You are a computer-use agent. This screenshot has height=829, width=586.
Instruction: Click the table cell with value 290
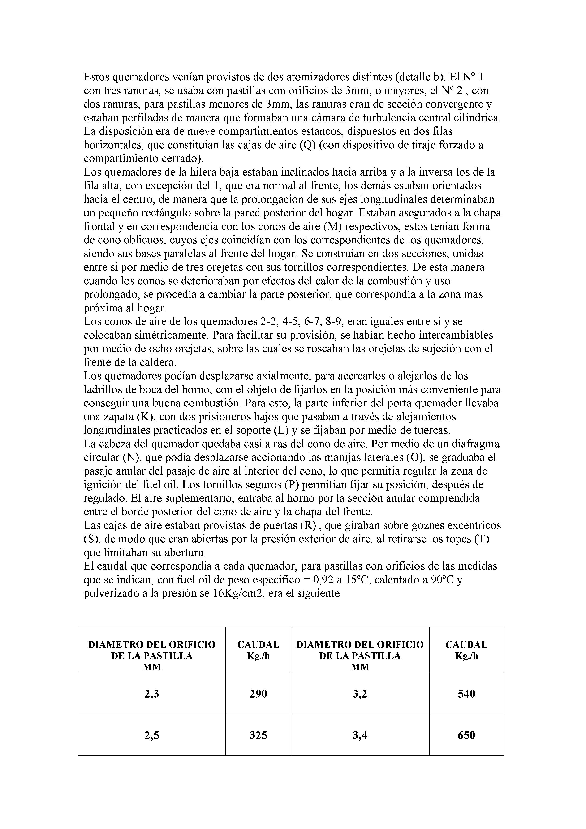coord(258,694)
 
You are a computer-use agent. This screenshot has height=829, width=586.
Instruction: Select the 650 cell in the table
coord(466,735)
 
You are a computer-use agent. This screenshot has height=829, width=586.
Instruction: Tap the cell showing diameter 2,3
coord(152,694)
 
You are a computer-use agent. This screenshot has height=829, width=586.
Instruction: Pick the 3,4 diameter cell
coord(360,735)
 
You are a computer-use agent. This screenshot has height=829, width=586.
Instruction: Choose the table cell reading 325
coord(258,735)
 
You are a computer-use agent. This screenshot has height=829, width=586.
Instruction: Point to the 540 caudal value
coord(466,694)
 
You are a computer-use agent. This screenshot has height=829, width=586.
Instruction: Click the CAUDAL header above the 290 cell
coord(258,650)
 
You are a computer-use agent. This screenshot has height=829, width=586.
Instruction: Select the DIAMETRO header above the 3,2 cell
coord(360,655)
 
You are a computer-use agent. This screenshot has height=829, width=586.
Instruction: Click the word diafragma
coord(472,444)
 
